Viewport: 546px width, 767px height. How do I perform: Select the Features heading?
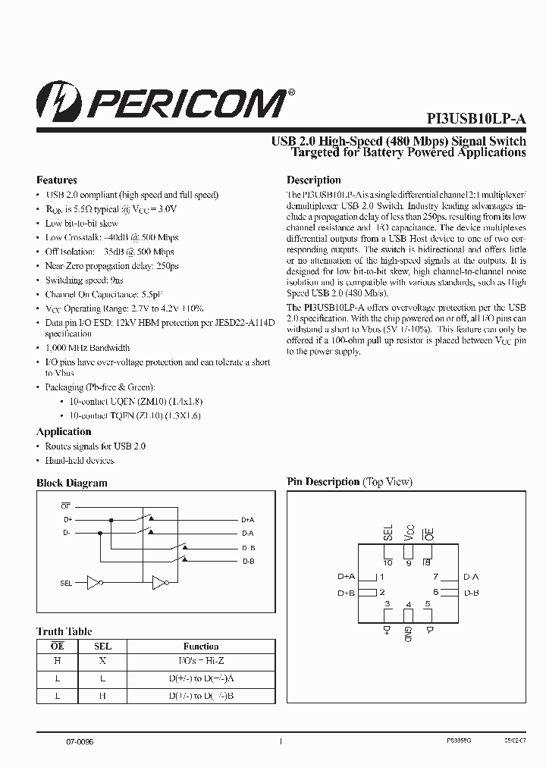pos(57,180)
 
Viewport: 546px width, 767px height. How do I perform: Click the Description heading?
pos(313,180)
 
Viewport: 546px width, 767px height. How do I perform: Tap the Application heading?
pos(64,431)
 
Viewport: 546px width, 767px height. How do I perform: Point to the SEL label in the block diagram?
pos(67,583)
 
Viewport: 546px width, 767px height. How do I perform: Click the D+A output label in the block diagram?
pos(248,520)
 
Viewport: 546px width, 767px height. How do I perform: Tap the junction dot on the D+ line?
pos(111,520)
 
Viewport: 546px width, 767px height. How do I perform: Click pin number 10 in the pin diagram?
pos(388,562)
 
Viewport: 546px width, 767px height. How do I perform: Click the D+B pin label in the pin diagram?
pos(347,592)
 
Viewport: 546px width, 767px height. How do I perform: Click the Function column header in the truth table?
pos(201,646)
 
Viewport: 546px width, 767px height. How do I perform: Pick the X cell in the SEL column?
pos(102,661)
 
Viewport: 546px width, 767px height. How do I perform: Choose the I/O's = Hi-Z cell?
pos(201,661)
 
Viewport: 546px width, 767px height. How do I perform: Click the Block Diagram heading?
pos(72,483)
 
